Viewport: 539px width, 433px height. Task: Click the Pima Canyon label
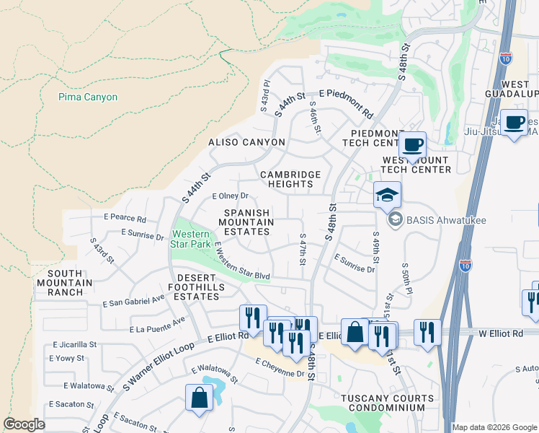(x=88, y=97)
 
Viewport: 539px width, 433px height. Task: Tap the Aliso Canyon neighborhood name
(x=241, y=143)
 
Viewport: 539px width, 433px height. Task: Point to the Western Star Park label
(x=191, y=239)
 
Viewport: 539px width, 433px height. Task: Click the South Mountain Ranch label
(x=70, y=282)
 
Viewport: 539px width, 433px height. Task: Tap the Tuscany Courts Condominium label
(x=388, y=403)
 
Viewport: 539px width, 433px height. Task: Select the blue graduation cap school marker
(x=387, y=194)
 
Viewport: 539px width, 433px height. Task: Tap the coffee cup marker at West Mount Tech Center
(x=413, y=144)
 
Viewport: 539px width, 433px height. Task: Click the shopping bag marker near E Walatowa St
(x=199, y=397)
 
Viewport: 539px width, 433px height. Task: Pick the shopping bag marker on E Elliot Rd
(x=355, y=332)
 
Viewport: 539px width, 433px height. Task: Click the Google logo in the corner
(x=24, y=424)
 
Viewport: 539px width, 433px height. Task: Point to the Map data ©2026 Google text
(x=494, y=427)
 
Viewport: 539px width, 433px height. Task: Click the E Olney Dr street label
(x=230, y=196)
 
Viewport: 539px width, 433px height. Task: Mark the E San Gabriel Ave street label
(x=133, y=301)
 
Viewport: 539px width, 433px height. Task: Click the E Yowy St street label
(x=68, y=358)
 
